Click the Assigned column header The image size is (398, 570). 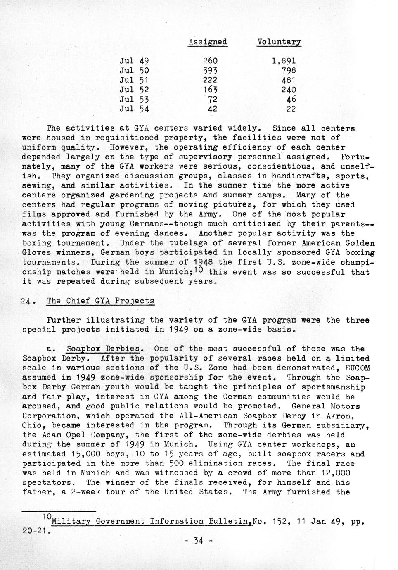pos(207,42)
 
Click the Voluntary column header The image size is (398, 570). pos(279,42)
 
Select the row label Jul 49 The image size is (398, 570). pos(134,61)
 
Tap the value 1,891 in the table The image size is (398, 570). pos(284,61)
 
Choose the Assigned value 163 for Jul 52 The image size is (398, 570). pos(210,90)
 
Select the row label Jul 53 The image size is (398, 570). pos(134,100)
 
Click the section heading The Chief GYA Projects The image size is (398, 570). pos(100,301)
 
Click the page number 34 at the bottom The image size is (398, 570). pos(199,540)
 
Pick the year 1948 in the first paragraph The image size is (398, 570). pos(204,262)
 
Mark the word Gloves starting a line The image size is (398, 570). pos(35,253)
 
